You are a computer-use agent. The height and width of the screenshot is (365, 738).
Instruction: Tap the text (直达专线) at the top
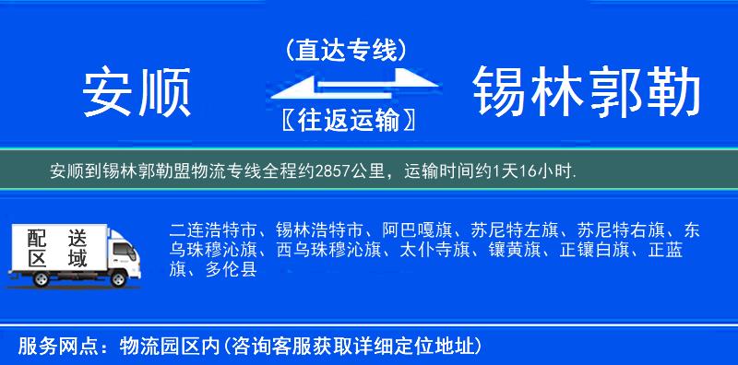point(345,52)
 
